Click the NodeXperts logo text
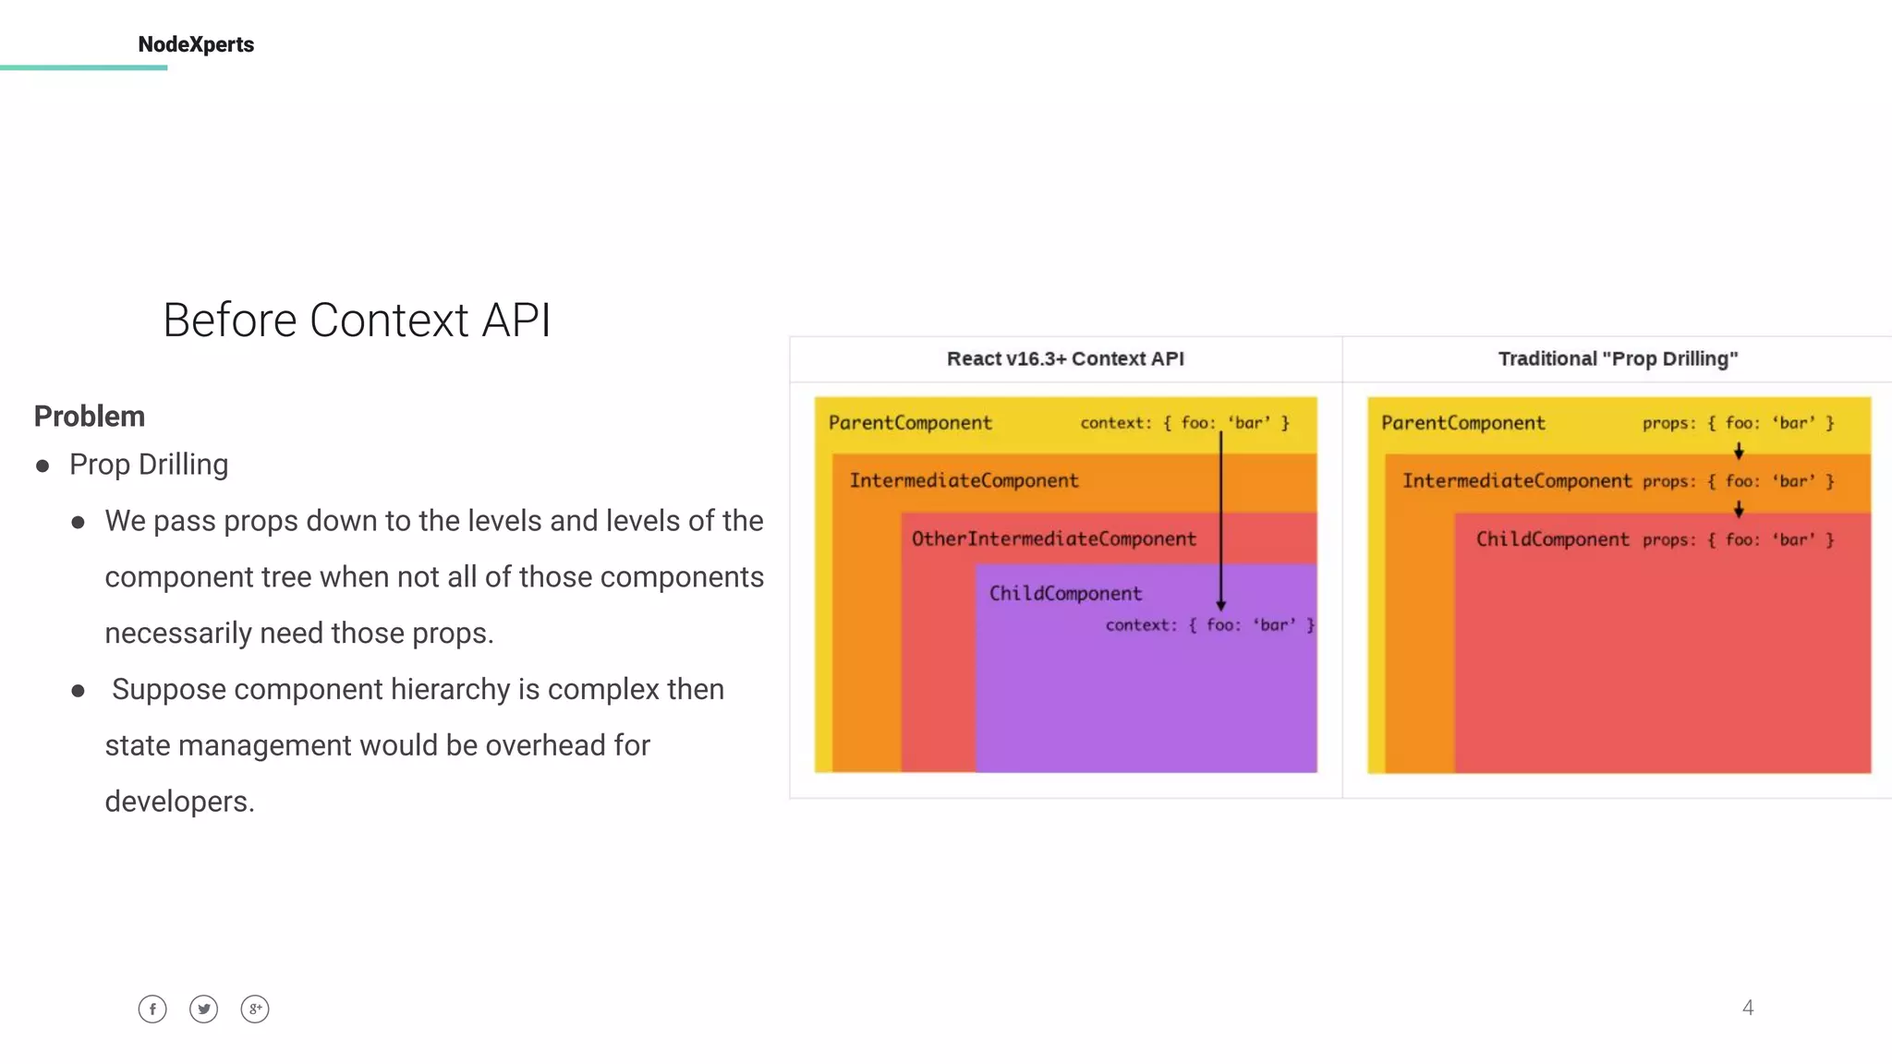[196, 44]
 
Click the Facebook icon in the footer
[152, 1009]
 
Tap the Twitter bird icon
[203, 1009]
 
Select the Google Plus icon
[255, 1009]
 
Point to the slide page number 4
[1747, 1008]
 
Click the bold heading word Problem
[90, 417]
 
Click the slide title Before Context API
[357, 320]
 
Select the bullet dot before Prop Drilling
[42, 465]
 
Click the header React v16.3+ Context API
[1064, 358]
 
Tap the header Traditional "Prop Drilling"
[1618, 358]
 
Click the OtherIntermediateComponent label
[1053, 538]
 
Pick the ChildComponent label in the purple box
[1065, 593]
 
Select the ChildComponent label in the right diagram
[1552, 539]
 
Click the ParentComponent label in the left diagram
[910, 423]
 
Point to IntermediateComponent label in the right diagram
[1517, 480]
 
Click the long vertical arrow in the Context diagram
[1220, 517]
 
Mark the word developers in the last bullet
[179, 802]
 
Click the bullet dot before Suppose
[79, 691]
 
